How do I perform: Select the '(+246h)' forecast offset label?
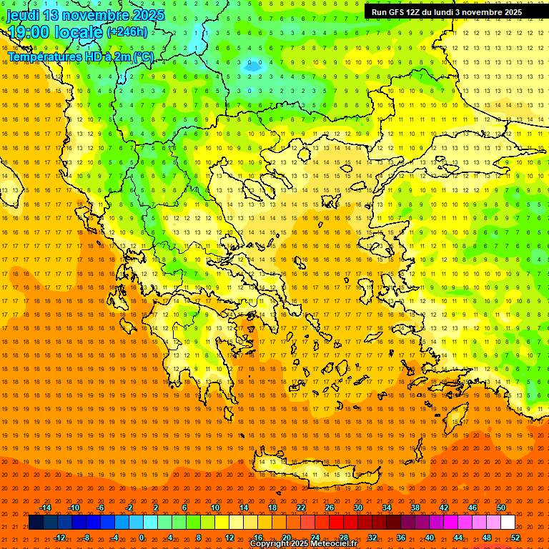pyautogui.click(x=127, y=31)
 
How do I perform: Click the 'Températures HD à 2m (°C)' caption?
pyautogui.click(x=80, y=56)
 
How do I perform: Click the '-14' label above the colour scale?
pyautogui.click(x=45, y=508)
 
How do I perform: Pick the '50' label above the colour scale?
pyautogui.click(x=501, y=508)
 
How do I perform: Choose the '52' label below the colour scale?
pyautogui.click(x=515, y=538)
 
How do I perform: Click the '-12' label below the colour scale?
pyautogui.click(x=59, y=538)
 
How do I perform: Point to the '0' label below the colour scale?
pyautogui.click(x=142, y=538)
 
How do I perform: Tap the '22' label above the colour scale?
pyautogui.click(x=301, y=508)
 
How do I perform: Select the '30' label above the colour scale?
pyautogui.click(x=358, y=508)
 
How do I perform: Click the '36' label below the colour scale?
pyautogui.click(x=401, y=538)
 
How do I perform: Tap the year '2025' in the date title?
pyautogui.click(x=149, y=15)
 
